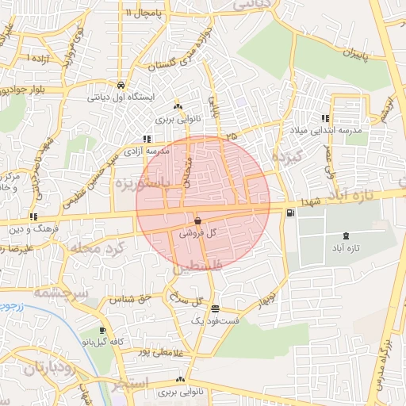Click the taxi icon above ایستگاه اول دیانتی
click(x=119, y=85)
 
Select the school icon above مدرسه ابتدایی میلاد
click(x=325, y=118)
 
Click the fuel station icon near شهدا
click(x=291, y=212)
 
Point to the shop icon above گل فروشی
click(x=197, y=221)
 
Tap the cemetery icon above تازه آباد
click(x=345, y=236)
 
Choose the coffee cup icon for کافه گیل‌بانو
click(x=102, y=330)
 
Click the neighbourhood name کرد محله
click(x=96, y=249)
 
